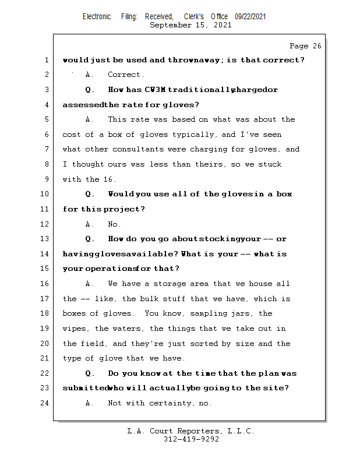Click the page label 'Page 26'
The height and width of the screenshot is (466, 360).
[305, 46]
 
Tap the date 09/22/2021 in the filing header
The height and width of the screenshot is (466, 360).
[250, 17]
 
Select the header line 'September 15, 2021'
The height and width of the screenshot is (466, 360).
[190, 25]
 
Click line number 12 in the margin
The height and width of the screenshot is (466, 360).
[45, 224]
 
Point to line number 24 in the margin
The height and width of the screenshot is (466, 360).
[45, 403]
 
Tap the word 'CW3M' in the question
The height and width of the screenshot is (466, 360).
[154, 90]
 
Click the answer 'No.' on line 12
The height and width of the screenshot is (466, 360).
[114, 224]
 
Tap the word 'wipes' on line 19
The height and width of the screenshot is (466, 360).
[75, 329]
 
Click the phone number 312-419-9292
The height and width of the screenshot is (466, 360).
[190, 439]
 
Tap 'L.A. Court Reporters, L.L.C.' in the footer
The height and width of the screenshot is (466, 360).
[190, 431]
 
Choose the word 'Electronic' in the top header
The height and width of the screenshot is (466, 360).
[97, 17]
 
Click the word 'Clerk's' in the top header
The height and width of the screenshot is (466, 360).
[194, 17]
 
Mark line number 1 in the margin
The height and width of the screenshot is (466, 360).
[45, 60]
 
